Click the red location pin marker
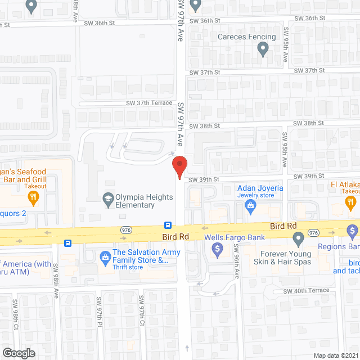point(179,166)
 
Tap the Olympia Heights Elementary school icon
point(107,197)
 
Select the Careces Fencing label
point(247,37)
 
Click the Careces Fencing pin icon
point(262,49)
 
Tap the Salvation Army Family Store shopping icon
point(104,257)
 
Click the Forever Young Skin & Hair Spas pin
point(299,240)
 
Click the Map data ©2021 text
point(336,355)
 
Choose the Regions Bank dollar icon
point(353,231)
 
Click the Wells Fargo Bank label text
point(234,237)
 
